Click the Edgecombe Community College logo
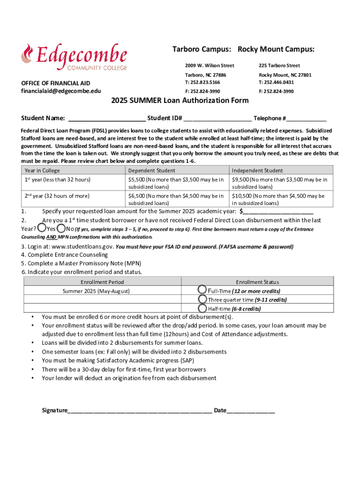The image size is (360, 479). (74, 57)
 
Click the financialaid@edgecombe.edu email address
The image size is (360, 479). (61, 91)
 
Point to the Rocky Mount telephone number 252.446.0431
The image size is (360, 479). (279, 82)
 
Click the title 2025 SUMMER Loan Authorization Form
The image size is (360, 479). (180, 101)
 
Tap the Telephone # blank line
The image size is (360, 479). (307, 119)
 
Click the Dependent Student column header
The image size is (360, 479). (152, 171)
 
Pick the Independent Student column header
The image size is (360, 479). (257, 171)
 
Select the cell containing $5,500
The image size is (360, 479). (177, 183)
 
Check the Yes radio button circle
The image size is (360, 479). (42, 228)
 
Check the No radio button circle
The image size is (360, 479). (61, 228)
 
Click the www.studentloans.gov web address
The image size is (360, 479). (80, 247)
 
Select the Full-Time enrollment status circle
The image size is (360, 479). (202, 290)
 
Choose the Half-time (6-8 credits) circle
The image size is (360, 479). (202, 308)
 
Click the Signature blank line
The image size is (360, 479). (140, 411)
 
